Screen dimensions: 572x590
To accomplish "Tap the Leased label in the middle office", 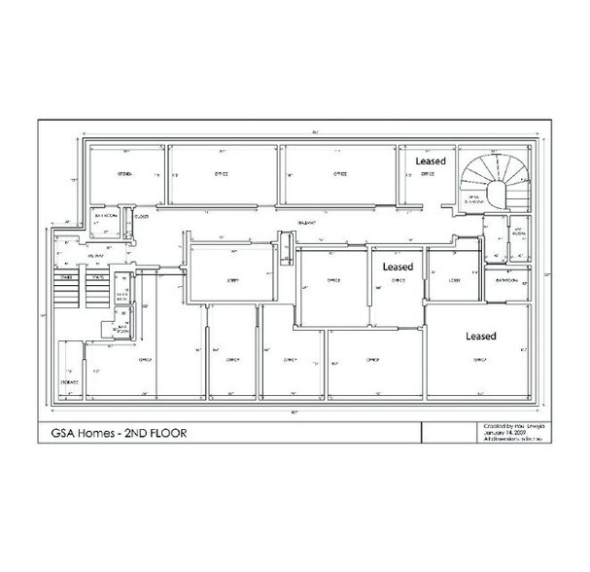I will point(398,266).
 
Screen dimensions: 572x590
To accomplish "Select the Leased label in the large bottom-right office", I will point(480,336).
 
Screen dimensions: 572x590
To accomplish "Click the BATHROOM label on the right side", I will point(505,279).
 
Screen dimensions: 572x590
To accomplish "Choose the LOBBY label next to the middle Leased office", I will point(455,280).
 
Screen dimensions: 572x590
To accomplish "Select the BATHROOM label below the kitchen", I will point(106,217).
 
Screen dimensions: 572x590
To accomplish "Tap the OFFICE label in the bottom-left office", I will point(148,359).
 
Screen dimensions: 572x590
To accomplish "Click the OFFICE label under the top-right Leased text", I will point(425,175).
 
